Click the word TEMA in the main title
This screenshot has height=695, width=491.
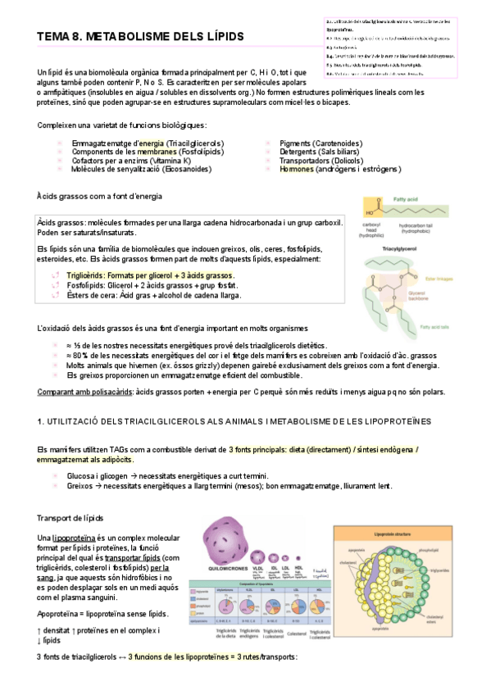55,37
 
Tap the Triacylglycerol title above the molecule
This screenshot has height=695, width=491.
418,245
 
